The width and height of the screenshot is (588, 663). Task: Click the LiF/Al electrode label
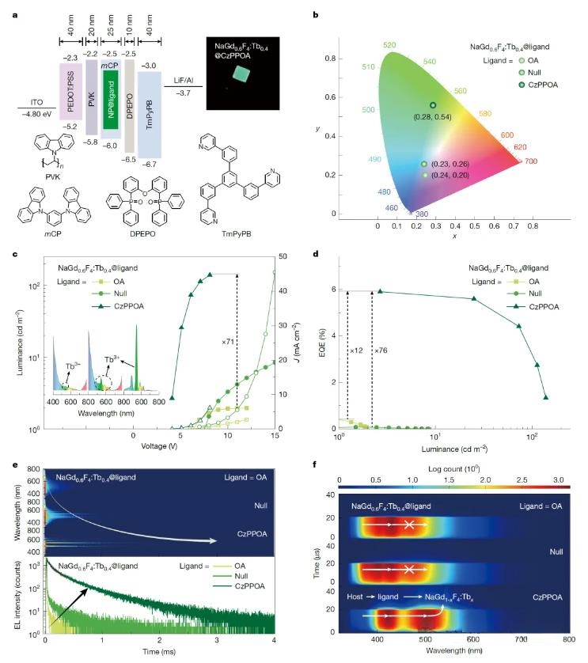click(182, 79)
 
